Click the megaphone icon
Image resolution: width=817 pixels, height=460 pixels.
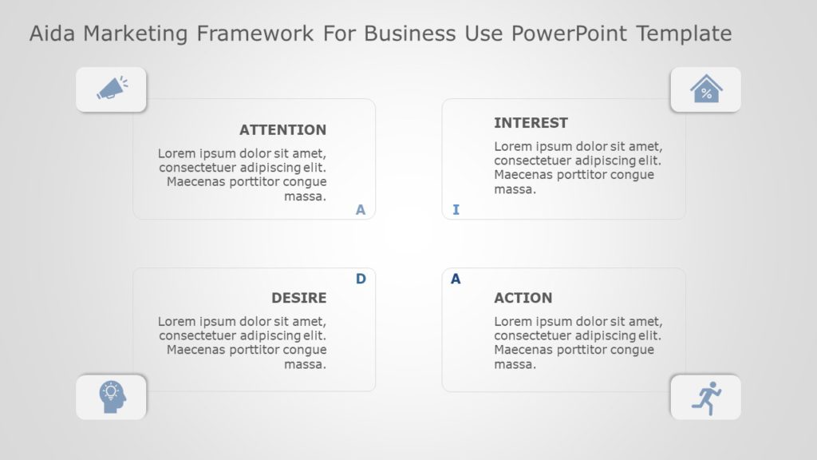(x=112, y=88)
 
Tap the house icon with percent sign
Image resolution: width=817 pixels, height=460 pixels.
(x=706, y=89)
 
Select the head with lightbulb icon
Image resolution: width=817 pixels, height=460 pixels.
(x=112, y=397)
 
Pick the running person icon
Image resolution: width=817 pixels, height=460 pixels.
(x=707, y=399)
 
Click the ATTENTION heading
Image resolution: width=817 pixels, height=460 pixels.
(x=283, y=130)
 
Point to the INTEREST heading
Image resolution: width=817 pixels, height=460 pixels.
(x=531, y=123)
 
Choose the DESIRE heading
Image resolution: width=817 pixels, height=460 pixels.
(x=299, y=298)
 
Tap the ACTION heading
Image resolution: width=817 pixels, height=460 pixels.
(x=523, y=298)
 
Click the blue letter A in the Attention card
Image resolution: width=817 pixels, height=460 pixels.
(x=361, y=210)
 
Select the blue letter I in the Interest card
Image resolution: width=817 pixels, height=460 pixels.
(x=456, y=210)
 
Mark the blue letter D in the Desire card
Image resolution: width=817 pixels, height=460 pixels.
(x=361, y=279)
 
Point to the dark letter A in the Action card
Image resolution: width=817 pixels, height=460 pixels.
(x=456, y=279)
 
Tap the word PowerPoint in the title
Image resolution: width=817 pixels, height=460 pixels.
(x=569, y=34)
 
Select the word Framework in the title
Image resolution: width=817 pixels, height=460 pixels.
(x=255, y=34)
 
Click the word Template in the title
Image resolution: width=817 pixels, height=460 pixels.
(x=684, y=34)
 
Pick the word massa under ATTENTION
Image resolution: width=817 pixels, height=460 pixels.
(x=305, y=196)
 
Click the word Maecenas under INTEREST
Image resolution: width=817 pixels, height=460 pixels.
(x=523, y=175)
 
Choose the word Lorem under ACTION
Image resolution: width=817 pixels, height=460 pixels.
(x=510, y=322)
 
